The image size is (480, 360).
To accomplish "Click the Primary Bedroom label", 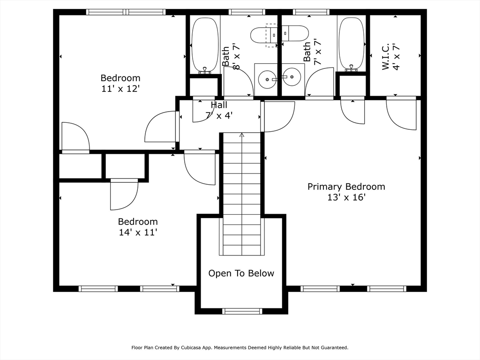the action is click(346, 187).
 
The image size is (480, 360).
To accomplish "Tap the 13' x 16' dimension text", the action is click(346, 197).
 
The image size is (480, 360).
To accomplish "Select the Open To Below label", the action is click(241, 273).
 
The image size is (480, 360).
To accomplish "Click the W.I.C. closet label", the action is click(385, 57).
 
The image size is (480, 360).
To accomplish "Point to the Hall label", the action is click(219, 105).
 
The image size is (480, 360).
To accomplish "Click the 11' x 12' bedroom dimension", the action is click(120, 89).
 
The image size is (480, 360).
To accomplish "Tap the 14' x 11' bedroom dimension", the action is click(138, 232).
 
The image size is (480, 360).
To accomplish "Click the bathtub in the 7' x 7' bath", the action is click(352, 45).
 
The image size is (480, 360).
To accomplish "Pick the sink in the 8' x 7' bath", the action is click(267, 79).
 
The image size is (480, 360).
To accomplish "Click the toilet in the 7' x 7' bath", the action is click(295, 33).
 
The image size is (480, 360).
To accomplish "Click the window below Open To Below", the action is click(242, 311).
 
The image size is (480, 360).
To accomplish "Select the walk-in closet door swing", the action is click(401, 115).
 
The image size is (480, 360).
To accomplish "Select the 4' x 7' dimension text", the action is click(396, 57).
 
